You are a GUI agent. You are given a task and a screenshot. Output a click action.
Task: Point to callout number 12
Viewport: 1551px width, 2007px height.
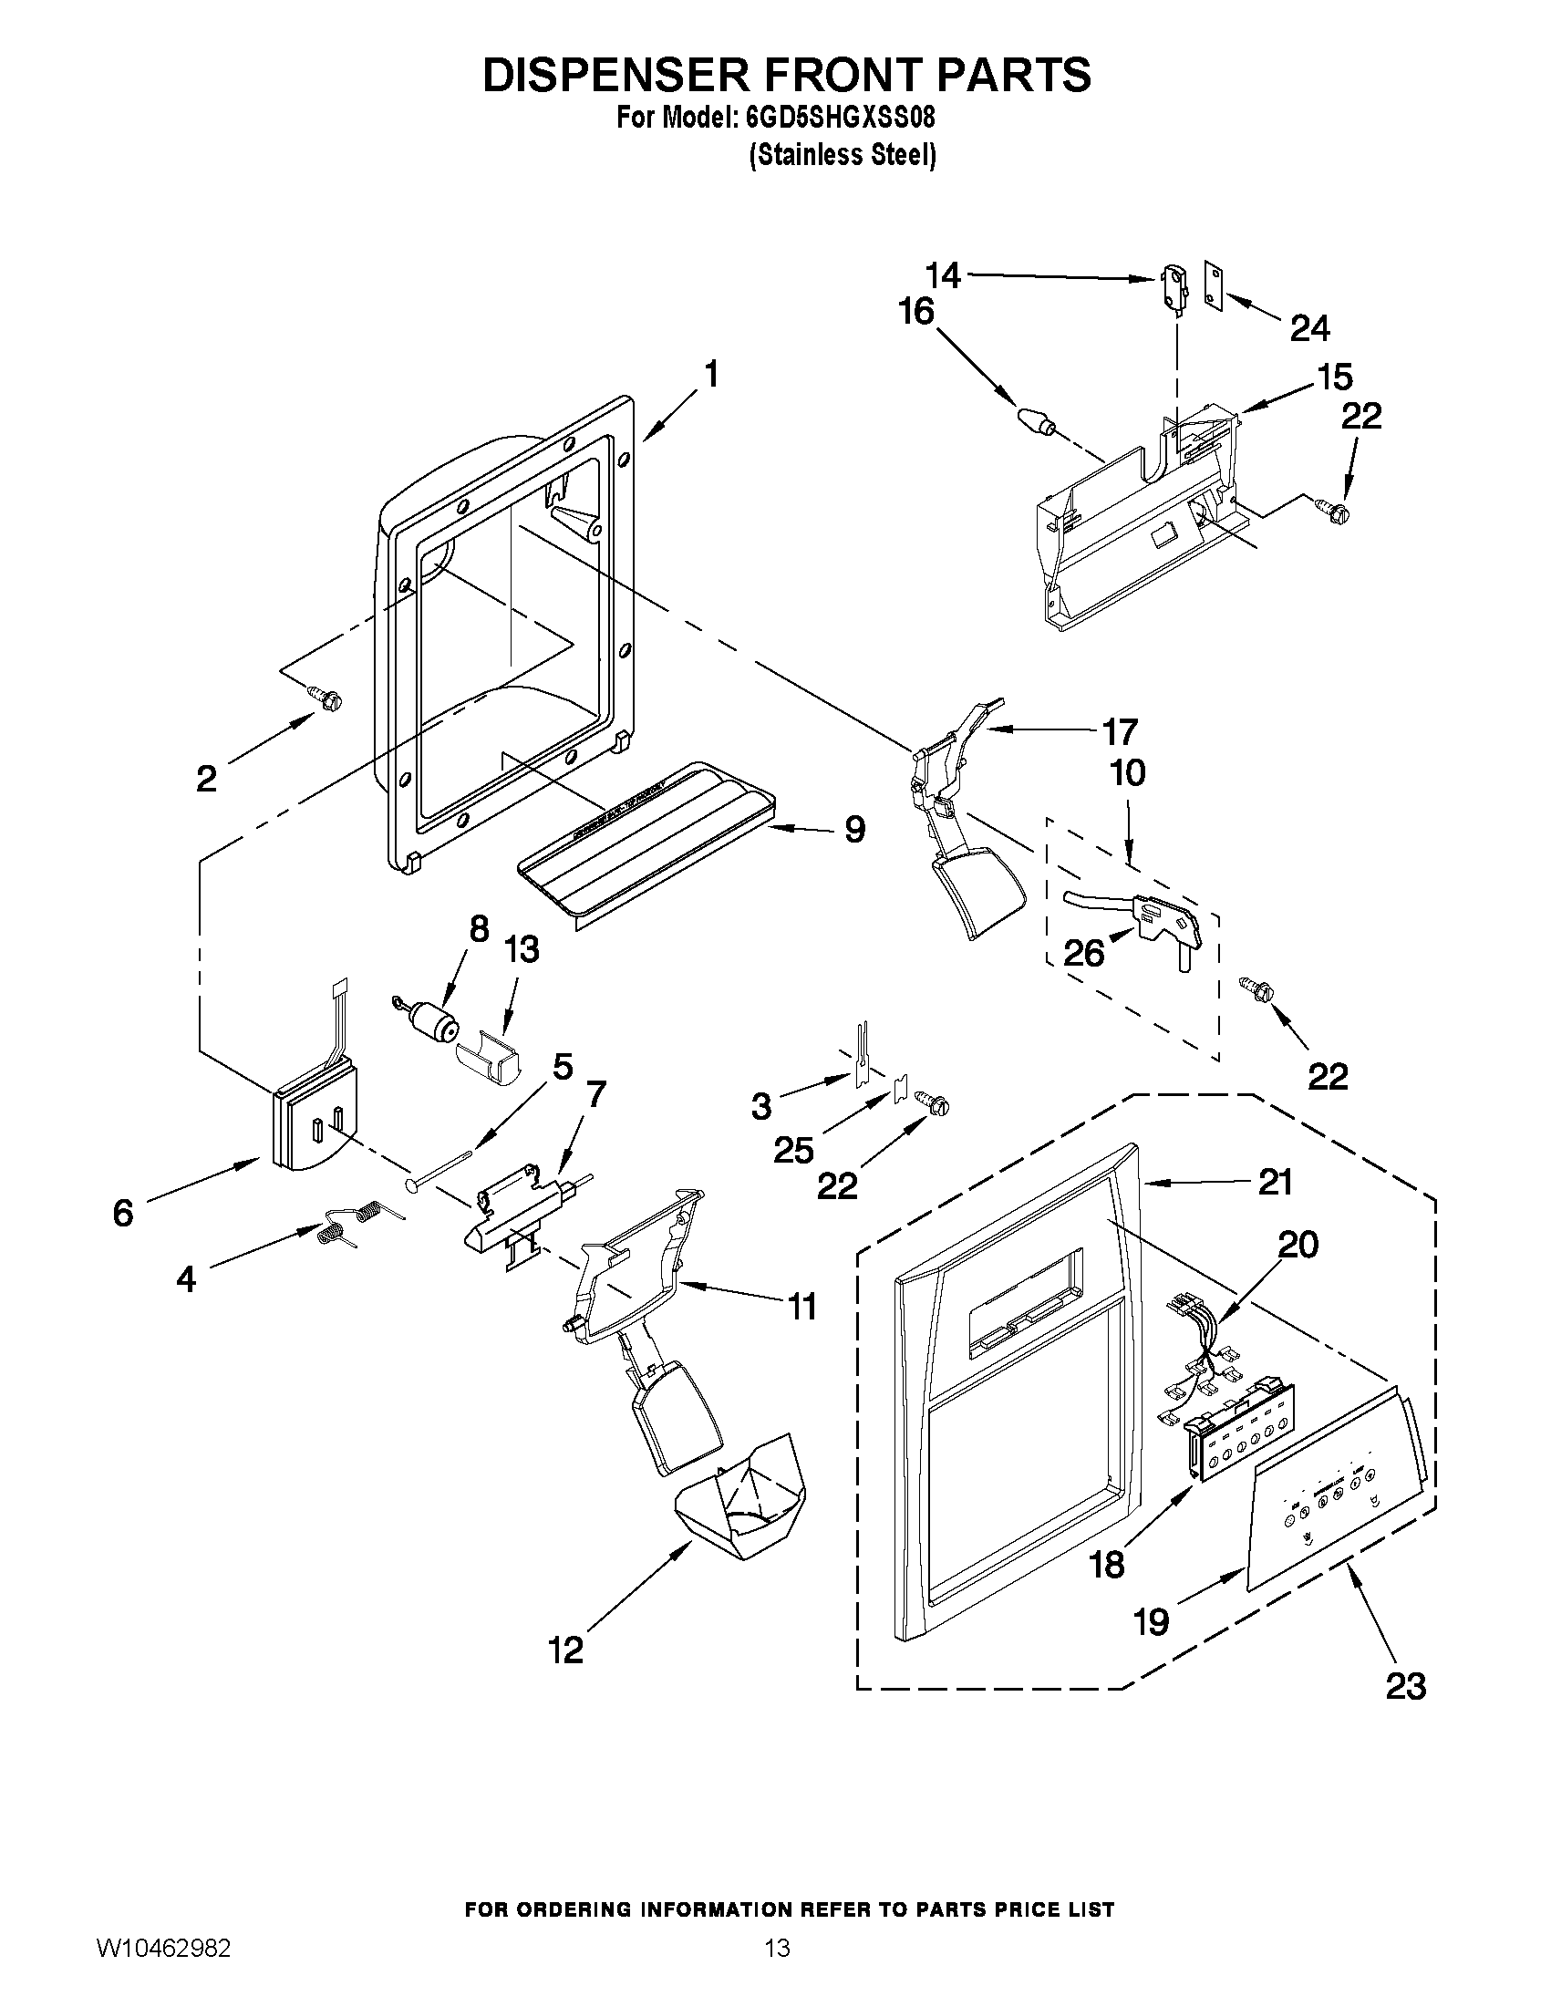point(566,1650)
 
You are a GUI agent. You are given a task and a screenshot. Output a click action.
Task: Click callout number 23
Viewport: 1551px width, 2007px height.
point(1405,1686)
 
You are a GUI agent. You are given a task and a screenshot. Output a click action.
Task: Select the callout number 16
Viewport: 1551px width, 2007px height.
point(915,312)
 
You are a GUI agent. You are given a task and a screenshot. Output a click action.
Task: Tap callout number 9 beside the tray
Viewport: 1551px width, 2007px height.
point(854,830)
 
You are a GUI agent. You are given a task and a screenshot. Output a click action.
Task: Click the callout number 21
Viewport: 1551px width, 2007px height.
point(1275,1182)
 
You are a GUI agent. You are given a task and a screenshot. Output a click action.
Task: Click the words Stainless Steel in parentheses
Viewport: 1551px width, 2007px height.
point(843,154)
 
